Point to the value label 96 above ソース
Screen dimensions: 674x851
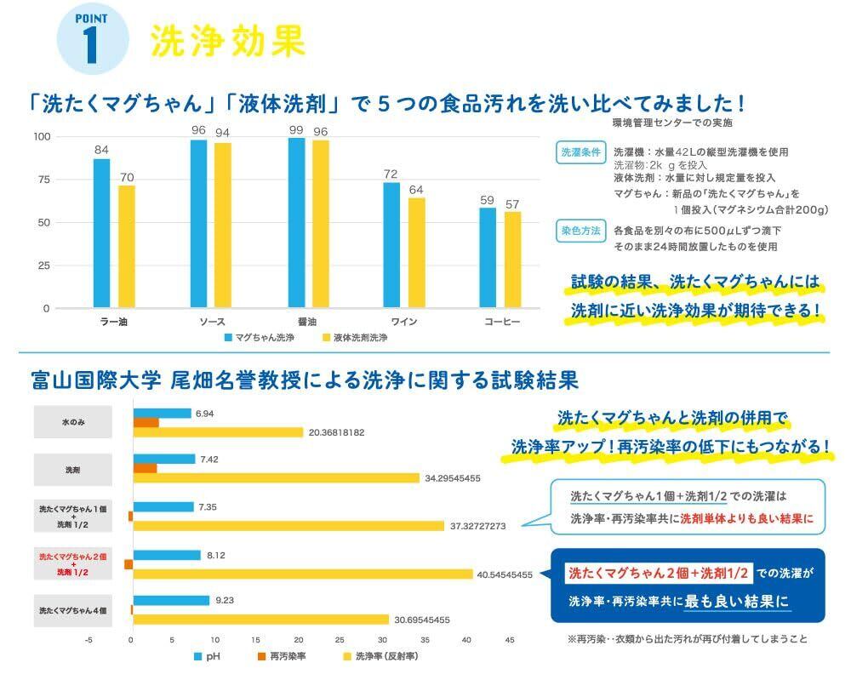(x=198, y=130)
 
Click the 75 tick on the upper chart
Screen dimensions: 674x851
(x=42, y=180)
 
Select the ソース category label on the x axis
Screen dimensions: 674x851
(x=211, y=323)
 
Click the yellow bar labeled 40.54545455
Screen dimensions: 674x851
(x=302, y=574)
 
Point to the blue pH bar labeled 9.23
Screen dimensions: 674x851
(x=170, y=600)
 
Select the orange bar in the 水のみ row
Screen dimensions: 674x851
(x=146, y=423)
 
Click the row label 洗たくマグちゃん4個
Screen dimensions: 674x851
(x=74, y=610)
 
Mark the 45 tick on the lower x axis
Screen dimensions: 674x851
(x=510, y=640)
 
